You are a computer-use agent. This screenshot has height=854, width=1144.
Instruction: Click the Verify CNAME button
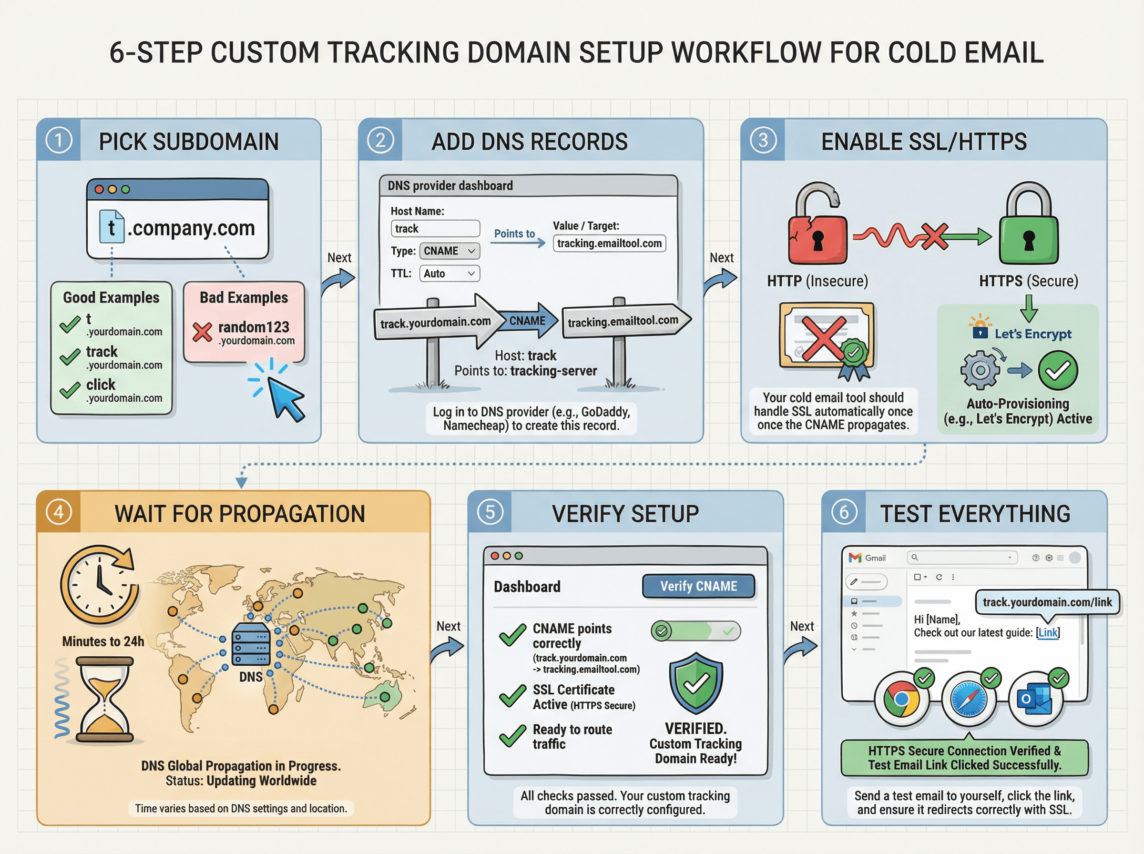[698, 586]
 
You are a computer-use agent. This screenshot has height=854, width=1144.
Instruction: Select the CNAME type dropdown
[449, 251]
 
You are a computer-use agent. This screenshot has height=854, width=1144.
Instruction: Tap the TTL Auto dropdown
[449, 274]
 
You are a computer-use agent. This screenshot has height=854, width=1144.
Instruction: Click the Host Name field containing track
[435, 228]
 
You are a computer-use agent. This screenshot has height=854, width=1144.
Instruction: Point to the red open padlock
[817, 227]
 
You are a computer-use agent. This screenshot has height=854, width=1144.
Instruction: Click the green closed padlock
[1028, 227]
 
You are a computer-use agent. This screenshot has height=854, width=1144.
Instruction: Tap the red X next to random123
[202, 332]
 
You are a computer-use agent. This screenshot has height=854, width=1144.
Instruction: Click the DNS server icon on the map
[251, 644]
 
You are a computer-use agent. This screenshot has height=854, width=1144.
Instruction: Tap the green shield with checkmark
[696, 683]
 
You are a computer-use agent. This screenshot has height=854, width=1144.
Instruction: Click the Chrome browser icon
[901, 700]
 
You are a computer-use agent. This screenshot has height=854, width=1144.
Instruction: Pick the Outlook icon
[1035, 700]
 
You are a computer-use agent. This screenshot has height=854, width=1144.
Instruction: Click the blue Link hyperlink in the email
[1048, 633]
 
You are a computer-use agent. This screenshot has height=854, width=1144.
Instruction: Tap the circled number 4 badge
[59, 512]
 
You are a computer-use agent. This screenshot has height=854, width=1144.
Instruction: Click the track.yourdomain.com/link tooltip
[1047, 602]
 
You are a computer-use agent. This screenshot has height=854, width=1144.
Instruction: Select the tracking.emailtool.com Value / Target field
[609, 244]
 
